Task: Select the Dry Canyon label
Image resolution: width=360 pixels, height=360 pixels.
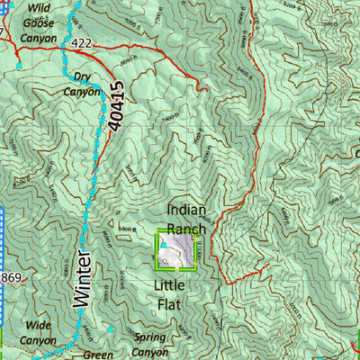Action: pos(82,84)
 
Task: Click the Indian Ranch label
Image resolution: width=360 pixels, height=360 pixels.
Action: pos(186,219)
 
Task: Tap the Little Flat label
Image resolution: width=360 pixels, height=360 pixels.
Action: pos(166,295)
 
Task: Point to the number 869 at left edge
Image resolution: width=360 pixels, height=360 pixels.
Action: pos(10,274)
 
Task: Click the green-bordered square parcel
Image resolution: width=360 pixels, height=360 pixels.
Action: pos(177,249)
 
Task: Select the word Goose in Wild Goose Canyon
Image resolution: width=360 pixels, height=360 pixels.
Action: pos(40,24)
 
